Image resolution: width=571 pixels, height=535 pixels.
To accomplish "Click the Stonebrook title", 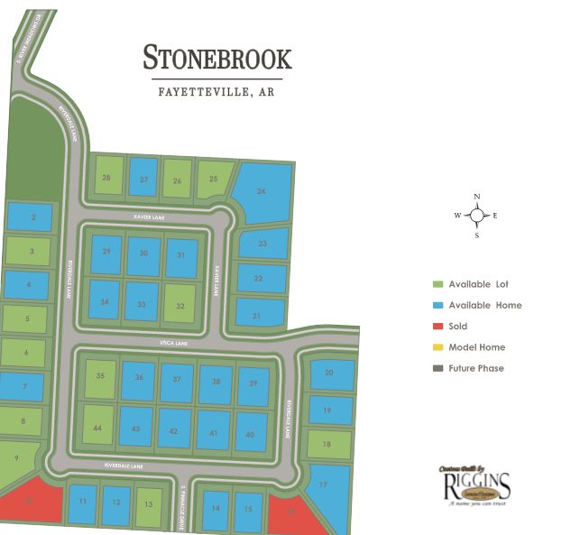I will point(216,59).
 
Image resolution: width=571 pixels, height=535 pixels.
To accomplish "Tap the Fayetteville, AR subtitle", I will point(216,91).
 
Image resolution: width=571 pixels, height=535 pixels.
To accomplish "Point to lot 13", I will point(149,504).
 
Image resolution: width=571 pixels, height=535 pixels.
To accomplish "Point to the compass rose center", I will point(477,215).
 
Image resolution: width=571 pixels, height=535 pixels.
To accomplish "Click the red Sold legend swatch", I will point(437,327).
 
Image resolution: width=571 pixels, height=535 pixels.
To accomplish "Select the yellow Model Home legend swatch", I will point(437,347).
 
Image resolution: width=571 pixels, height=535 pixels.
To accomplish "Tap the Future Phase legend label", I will point(476,368).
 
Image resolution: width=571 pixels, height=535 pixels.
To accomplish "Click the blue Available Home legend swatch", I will point(437,305).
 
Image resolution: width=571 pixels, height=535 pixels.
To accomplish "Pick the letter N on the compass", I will point(477,197).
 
